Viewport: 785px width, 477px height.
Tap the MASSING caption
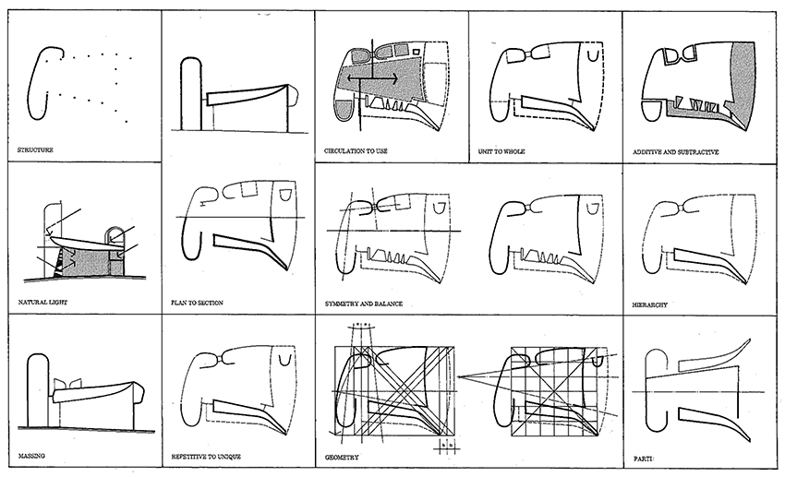[33, 456]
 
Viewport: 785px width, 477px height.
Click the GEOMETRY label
[344, 456]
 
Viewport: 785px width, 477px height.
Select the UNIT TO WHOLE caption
[503, 149]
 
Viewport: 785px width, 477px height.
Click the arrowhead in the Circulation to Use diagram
[396, 80]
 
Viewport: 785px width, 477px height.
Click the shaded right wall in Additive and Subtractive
[743, 78]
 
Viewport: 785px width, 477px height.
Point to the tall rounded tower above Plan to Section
[190, 92]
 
